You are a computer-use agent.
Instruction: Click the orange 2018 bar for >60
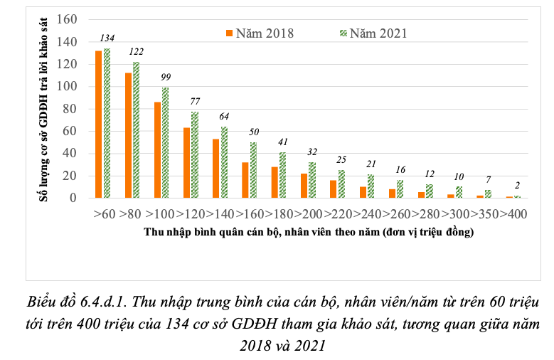click(99, 125)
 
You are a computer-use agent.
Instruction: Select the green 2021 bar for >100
click(166, 142)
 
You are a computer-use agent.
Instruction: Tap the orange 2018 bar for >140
click(215, 168)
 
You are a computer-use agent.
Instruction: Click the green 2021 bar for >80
click(137, 129)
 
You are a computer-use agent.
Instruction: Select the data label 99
click(166, 77)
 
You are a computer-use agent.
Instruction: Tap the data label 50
click(254, 132)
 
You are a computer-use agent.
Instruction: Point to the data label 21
click(371, 164)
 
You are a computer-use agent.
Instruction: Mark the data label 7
click(488, 180)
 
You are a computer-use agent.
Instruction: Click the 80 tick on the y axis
click(70, 109)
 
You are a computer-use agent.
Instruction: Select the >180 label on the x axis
click(282, 213)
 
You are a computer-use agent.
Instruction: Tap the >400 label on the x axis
click(513, 213)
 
